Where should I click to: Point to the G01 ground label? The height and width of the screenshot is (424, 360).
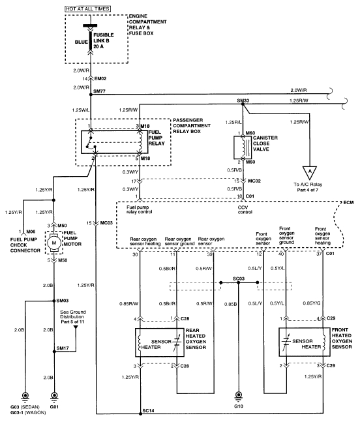tap(54, 405)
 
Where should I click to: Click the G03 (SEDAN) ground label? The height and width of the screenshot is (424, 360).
tap(25, 405)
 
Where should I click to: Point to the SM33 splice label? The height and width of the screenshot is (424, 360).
tap(243, 100)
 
